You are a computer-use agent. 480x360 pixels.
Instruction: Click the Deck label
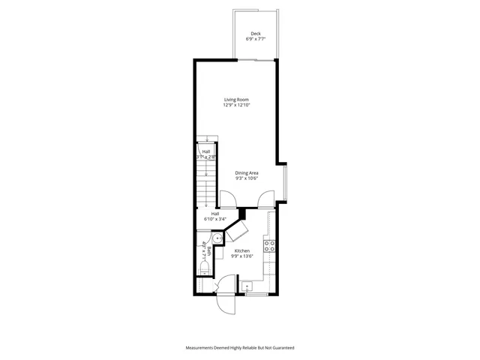pos(256,33)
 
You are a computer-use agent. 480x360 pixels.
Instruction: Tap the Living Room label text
pos(236,100)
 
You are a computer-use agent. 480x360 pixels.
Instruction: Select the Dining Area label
pos(247,173)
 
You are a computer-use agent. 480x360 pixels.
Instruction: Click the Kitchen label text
pos(242,250)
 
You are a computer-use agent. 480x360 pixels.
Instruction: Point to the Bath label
pos(208,250)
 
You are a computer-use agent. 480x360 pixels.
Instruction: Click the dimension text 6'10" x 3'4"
pos(215,220)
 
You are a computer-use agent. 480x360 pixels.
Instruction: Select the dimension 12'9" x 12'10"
pos(236,106)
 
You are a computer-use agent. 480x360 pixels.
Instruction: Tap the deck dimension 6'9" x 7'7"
pos(256,38)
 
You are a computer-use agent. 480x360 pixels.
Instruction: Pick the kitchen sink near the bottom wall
pos(248,286)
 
